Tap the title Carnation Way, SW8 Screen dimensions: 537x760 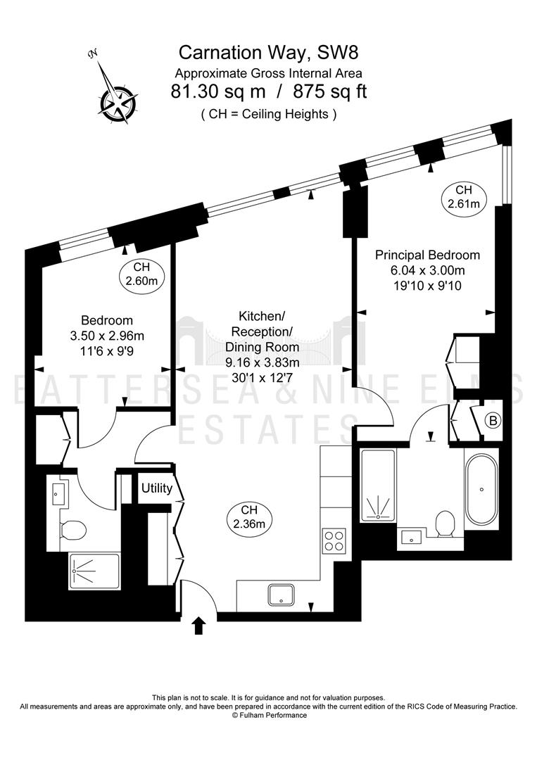pyautogui.click(x=269, y=52)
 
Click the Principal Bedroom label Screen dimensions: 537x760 pyautogui.click(x=427, y=255)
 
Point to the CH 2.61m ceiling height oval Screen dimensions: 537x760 pyautogui.click(x=464, y=196)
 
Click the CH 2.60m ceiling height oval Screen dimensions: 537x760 pyautogui.click(x=142, y=274)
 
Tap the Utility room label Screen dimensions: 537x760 pyautogui.click(x=156, y=488)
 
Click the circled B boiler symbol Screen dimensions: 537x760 pyautogui.click(x=493, y=421)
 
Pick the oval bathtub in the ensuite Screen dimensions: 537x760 pyautogui.click(x=481, y=489)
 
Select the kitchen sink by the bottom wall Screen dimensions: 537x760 pyautogui.click(x=281, y=595)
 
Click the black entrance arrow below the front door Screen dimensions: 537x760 pyautogui.click(x=200, y=626)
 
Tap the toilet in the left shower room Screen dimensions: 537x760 pyautogui.click(x=73, y=530)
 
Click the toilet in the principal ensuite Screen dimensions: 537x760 pyautogui.click(x=444, y=524)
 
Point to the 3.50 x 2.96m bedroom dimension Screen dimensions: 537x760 pyautogui.click(x=107, y=336)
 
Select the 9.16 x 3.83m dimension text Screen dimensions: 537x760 pyautogui.click(x=263, y=362)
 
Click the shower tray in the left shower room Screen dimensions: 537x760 pyautogui.click(x=94, y=571)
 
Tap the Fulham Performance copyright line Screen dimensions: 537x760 pyautogui.click(x=269, y=715)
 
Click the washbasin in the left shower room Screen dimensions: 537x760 pyautogui.click(x=58, y=495)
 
